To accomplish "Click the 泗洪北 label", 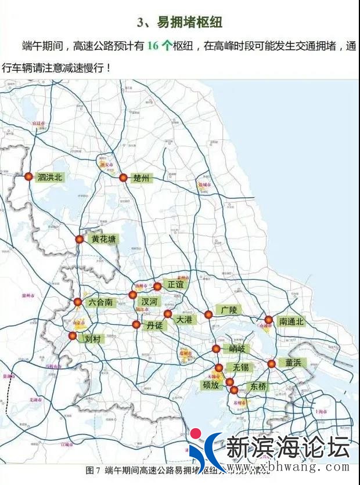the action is tap(49, 178).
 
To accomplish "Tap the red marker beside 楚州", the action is tap(123, 178).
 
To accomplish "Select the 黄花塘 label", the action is tap(103, 239).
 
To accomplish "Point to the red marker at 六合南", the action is tap(78, 302).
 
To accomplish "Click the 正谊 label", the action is tap(175, 285).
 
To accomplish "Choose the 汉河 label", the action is tap(149, 302).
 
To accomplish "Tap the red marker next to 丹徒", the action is tap(136, 325).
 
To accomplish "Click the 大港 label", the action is tap(184, 319).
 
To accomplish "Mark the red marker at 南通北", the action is tap(268, 320).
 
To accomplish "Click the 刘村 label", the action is tap(92, 338).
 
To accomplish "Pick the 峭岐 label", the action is tap(237, 349).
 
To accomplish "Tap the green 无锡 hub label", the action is tap(240, 367).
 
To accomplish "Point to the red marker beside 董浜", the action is tap(271, 364).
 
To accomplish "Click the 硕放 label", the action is tap(211, 384).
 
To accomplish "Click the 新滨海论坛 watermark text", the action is tap(287, 448).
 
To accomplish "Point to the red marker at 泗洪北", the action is tap(28, 177).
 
